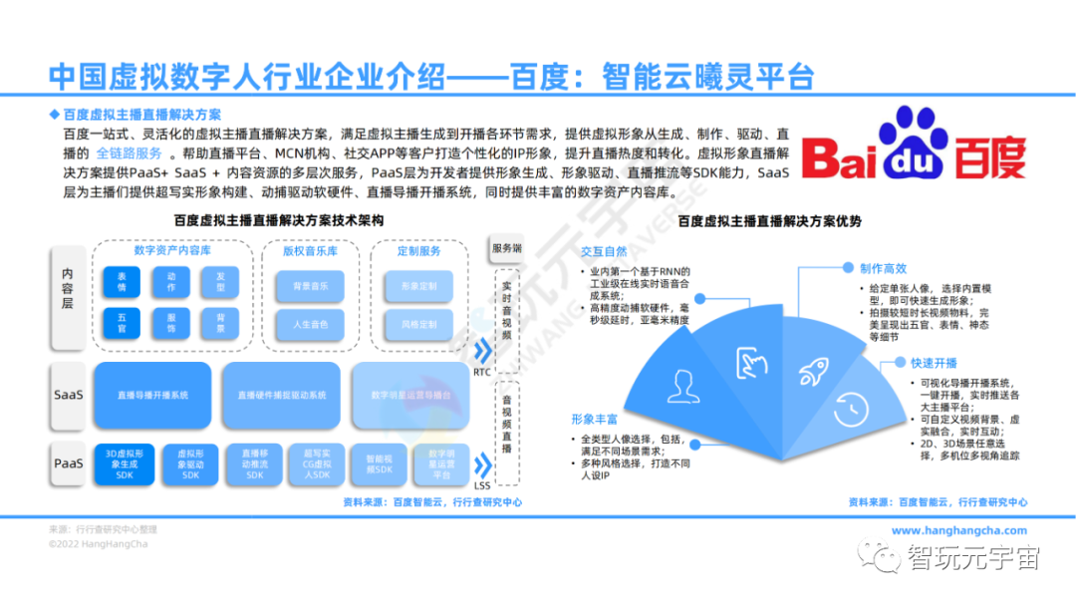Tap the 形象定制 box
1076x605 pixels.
click(418, 287)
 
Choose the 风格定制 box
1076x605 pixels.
click(418, 325)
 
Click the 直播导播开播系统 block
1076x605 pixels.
click(152, 395)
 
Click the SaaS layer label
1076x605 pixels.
click(68, 395)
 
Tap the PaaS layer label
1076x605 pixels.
click(68, 463)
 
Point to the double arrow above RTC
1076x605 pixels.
click(483, 351)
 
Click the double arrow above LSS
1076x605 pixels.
click(483, 465)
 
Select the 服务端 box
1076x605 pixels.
click(506, 248)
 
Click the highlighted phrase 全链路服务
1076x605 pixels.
click(130, 153)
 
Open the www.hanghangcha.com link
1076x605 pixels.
click(957, 530)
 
